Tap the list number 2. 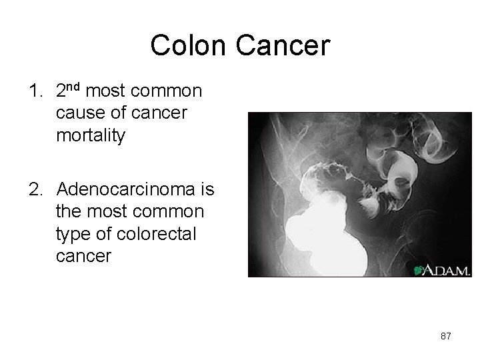point(35,191)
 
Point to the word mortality point(91,137)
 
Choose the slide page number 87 point(445,337)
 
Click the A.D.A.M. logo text point(447,270)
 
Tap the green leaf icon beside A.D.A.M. point(419,270)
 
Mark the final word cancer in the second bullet point(84,255)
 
